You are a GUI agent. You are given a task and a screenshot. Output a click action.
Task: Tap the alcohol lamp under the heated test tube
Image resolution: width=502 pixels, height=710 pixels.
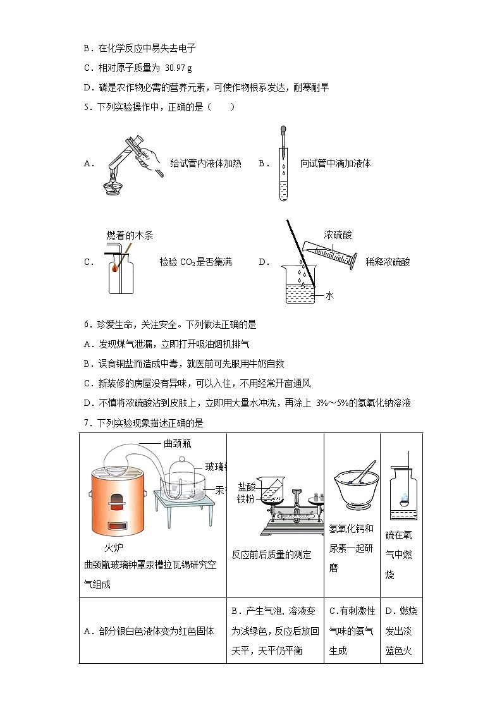114,184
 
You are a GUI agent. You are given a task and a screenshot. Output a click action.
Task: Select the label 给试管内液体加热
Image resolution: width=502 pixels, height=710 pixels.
205,164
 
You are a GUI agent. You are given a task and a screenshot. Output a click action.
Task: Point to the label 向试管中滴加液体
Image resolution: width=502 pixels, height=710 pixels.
335,164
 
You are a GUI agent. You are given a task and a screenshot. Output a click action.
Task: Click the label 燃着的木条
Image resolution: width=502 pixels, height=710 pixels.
130,235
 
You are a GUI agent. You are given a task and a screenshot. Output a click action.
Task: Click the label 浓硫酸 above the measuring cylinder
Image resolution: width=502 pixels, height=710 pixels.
338,235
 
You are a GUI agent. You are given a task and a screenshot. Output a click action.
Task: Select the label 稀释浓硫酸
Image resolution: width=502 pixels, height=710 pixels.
388,262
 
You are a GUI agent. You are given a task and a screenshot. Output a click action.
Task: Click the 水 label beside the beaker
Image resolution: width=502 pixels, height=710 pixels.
329,295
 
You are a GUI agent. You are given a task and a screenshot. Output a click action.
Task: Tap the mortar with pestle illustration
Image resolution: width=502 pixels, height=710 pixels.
352,488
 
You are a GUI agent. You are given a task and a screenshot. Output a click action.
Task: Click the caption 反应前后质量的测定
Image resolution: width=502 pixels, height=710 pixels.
271,554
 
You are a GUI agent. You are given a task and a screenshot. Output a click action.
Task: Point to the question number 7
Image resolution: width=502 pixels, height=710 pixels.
88,423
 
